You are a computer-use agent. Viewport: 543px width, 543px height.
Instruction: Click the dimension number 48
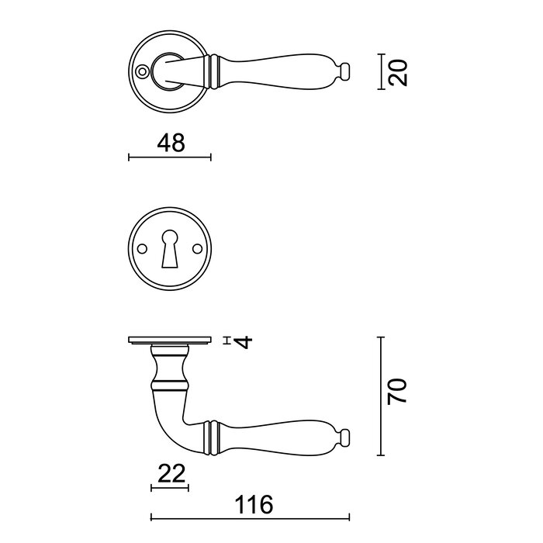pyautogui.click(x=170, y=143)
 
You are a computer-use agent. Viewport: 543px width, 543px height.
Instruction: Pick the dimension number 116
pyautogui.click(x=252, y=505)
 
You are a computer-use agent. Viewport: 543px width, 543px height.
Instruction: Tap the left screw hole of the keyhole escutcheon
pyautogui.click(x=142, y=249)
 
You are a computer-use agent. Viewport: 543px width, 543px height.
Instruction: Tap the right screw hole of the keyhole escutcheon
pyautogui.click(x=196, y=249)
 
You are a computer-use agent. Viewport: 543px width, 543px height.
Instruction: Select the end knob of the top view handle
pyautogui.click(x=344, y=72)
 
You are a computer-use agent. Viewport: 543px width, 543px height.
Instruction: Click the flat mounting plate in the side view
pyautogui.click(x=169, y=341)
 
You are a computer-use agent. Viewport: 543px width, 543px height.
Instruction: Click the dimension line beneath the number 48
pyautogui.click(x=169, y=158)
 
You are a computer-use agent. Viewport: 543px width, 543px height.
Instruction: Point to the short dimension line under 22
pyautogui.click(x=169, y=488)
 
